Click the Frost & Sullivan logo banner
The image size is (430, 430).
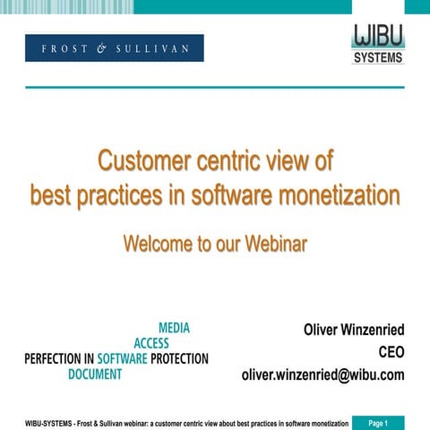pos(115,47)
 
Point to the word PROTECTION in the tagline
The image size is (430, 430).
pos(179,358)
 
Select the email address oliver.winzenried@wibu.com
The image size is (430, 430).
pos(322,374)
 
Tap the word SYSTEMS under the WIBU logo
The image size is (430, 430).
pos(377,58)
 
